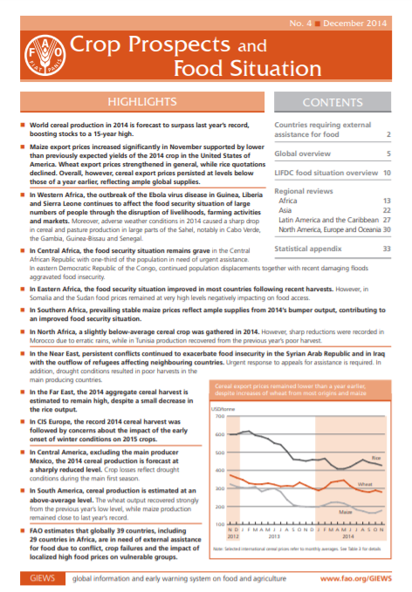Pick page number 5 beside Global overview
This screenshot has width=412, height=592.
[388, 153]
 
